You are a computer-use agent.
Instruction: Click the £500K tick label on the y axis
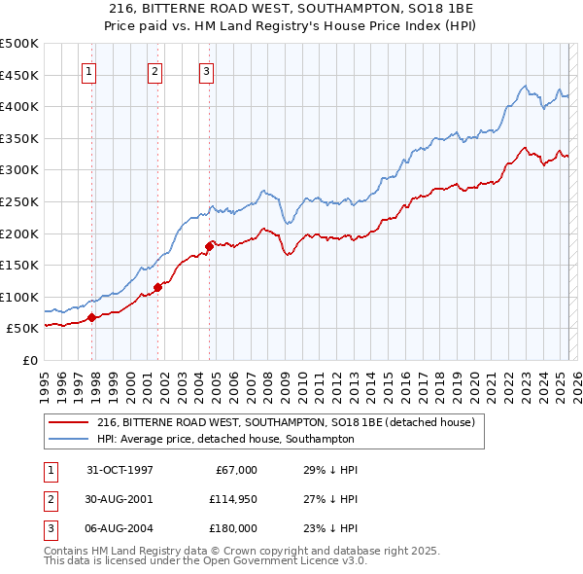click(x=19, y=44)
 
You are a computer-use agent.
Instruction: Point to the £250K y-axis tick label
click(x=19, y=201)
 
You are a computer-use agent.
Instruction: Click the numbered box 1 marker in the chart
click(x=88, y=70)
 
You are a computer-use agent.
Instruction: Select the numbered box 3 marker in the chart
click(x=207, y=70)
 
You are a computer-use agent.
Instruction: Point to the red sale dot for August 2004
click(x=209, y=246)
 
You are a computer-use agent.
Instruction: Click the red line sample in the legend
click(x=68, y=422)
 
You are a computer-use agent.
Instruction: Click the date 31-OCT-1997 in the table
click(x=120, y=470)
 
